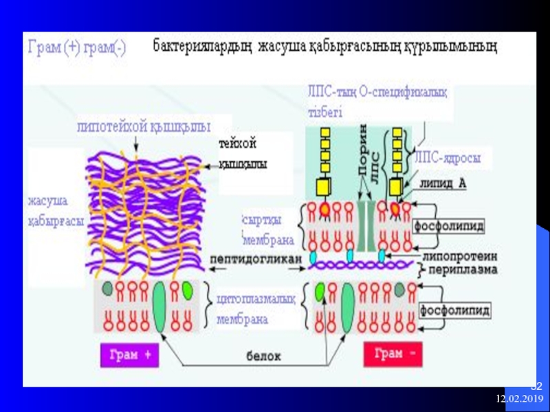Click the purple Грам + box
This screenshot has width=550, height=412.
(x=130, y=354)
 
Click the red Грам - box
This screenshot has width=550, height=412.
(x=389, y=354)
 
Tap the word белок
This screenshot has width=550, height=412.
(x=265, y=356)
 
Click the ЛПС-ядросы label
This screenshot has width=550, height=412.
(x=447, y=157)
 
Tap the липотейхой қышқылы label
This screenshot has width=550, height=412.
(x=144, y=126)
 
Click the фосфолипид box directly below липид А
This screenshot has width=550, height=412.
(x=449, y=225)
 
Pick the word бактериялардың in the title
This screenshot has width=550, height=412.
(x=203, y=47)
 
